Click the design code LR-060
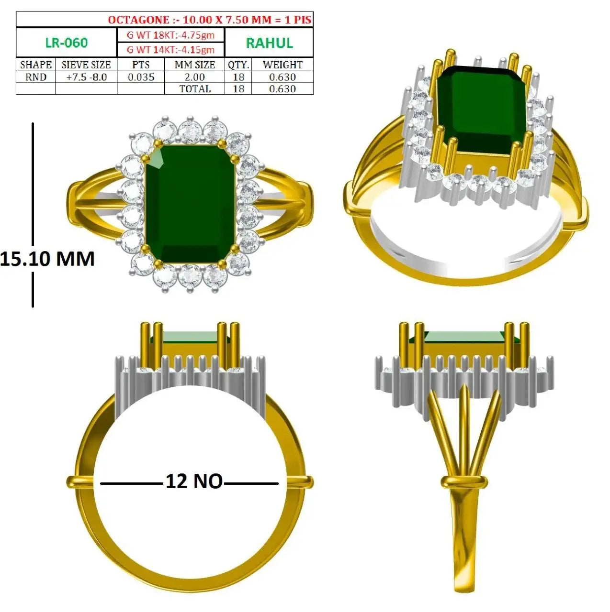pos(67,43)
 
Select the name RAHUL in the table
pos(269,43)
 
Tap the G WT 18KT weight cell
pos(171,35)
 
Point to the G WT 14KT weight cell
pos(171,50)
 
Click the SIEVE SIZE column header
pos(86,65)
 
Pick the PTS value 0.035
pos(141,77)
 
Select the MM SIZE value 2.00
pos(195,77)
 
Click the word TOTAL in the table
pos(195,88)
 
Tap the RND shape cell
pos(35,77)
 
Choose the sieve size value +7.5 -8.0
pos(86,77)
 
